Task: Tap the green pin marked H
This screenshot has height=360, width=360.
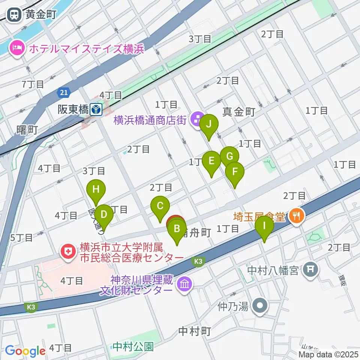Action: pos(96,189)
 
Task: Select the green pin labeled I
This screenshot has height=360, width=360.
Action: pos(264,226)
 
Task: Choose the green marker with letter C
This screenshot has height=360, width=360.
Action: pos(160,206)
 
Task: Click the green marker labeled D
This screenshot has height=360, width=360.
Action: pos(104,215)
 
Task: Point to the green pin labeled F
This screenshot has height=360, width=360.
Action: pos(235,172)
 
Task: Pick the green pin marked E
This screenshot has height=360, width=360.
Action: pos(211,161)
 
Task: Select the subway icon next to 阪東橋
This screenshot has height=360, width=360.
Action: pos(97,109)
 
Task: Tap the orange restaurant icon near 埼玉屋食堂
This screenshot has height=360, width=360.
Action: pos(297,215)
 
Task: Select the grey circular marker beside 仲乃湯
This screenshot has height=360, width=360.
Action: pos(259,307)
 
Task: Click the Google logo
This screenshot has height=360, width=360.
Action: pos(25,351)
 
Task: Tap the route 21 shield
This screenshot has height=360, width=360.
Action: pos(63,92)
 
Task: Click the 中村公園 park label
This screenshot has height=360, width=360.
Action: pos(133,346)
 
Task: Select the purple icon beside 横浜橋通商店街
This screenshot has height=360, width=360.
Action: pos(196,120)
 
